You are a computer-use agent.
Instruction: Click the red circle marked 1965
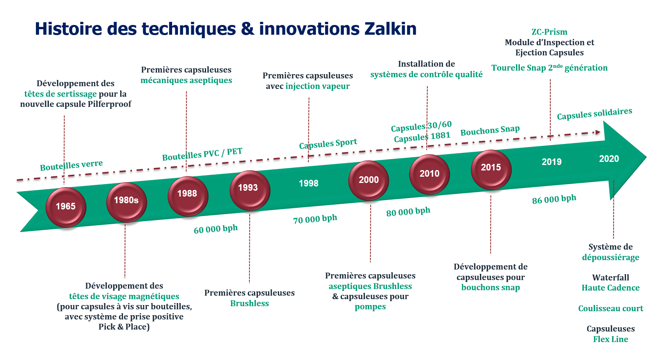[x=66, y=207]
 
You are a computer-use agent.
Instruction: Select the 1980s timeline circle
[x=126, y=201]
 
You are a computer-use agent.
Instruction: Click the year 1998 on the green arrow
[x=308, y=183]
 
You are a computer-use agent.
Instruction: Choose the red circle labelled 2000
[x=368, y=180]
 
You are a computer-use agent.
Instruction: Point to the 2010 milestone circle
[x=429, y=174]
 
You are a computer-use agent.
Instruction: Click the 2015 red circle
[x=491, y=168]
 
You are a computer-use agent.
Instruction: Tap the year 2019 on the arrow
[x=551, y=162]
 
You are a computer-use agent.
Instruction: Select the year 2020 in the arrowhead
[x=609, y=159]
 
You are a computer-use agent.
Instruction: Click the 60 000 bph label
[x=215, y=229]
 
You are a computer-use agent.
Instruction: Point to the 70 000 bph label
[x=315, y=219]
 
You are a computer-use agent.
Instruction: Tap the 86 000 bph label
[x=554, y=199]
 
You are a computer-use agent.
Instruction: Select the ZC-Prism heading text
[x=549, y=32]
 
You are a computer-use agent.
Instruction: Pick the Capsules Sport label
[x=328, y=144]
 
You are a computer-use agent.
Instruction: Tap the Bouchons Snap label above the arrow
[x=490, y=131]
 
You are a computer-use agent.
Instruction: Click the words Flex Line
[x=610, y=339]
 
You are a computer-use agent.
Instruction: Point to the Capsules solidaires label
[x=594, y=114]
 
